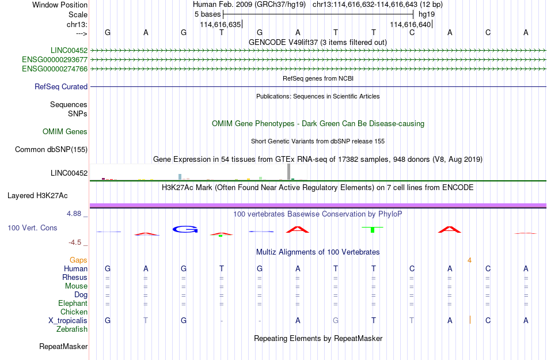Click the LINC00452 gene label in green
(69, 50)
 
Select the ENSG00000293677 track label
(55, 60)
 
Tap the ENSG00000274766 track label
(55, 69)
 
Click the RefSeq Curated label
(61, 86)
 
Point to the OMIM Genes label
(65, 131)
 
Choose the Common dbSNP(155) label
(51, 149)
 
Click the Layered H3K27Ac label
(37, 196)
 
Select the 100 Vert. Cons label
(32, 228)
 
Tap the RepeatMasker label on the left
(63, 346)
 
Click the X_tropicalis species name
(68, 321)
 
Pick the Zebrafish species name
(72, 329)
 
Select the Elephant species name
(73, 303)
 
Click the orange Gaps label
(78, 260)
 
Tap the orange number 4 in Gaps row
(469, 260)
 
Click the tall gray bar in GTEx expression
(289, 172)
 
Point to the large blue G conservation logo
(185, 229)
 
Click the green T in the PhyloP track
(373, 229)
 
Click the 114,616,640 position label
(410, 24)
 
